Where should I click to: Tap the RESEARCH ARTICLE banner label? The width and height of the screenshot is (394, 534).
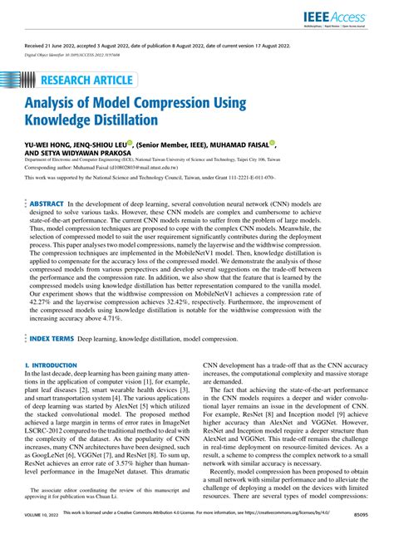tap(83, 80)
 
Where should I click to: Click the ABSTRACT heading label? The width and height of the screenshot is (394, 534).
tap(47, 203)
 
